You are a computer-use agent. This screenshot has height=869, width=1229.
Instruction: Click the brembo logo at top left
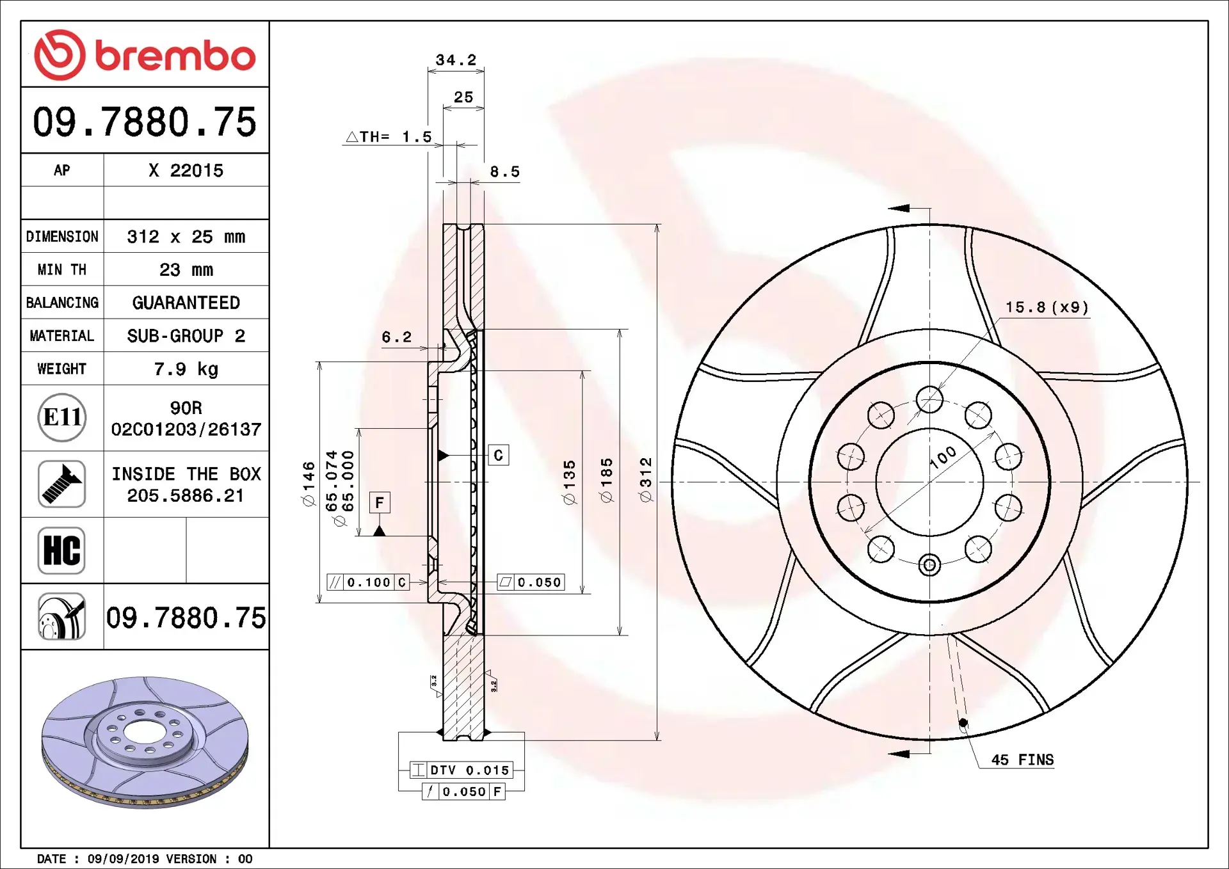(x=145, y=55)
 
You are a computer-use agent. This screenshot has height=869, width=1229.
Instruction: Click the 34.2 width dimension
(x=456, y=60)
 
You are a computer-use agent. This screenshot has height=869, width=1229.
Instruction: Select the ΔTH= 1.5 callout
(x=389, y=137)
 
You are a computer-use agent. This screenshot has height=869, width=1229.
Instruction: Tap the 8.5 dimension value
(x=504, y=172)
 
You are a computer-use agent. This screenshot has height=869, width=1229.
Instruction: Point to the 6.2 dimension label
(x=396, y=337)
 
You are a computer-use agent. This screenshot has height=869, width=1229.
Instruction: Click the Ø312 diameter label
(x=646, y=479)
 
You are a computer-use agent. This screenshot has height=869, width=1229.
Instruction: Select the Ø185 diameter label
(x=607, y=480)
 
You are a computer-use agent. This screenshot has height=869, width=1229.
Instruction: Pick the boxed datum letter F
(x=380, y=502)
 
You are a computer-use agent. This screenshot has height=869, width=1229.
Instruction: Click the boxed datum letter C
(x=499, y=455)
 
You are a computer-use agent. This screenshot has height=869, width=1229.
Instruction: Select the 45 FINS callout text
(x=1022, y=760)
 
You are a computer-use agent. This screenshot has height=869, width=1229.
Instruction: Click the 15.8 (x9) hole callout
(x=1046, y=308)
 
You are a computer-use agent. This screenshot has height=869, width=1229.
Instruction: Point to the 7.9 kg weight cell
(x=186, y=369)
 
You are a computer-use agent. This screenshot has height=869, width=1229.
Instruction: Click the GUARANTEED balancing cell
(x=186, y=303)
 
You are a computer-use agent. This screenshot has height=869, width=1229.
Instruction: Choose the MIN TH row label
(x=61, y=269)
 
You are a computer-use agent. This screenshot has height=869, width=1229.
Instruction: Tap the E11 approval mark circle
(x=61, y=417)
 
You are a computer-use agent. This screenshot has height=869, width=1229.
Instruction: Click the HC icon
(x=61, y=550)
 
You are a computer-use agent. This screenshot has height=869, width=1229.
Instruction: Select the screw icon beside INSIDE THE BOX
(x=61, y=484)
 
